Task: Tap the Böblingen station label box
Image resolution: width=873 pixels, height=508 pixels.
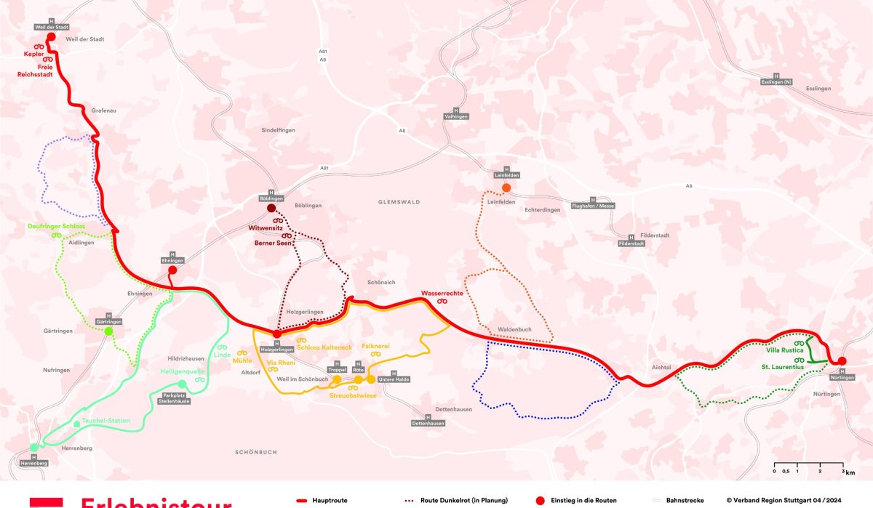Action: [x=271, y=198]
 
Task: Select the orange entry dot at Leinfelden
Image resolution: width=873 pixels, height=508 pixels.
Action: [x=506, y=188]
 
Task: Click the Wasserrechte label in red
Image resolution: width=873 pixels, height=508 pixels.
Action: [x=442, y=294]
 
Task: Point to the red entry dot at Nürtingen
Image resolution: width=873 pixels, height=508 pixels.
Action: [x=842, y=361]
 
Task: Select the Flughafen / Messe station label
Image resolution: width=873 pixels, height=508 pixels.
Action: [x=593, y=206]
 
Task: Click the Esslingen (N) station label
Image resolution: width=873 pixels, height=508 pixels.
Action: [x=776, y=82]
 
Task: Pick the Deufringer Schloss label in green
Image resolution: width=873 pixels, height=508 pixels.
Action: [x=56, y=227]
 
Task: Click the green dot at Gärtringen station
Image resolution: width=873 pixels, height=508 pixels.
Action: [x=108, y=331]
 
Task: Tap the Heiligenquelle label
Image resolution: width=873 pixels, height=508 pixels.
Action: [x=181, y=371]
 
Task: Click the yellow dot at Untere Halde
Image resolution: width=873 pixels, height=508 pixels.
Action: [x=370, y=379]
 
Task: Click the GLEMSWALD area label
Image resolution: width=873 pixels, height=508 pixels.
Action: [x=399, y=202]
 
